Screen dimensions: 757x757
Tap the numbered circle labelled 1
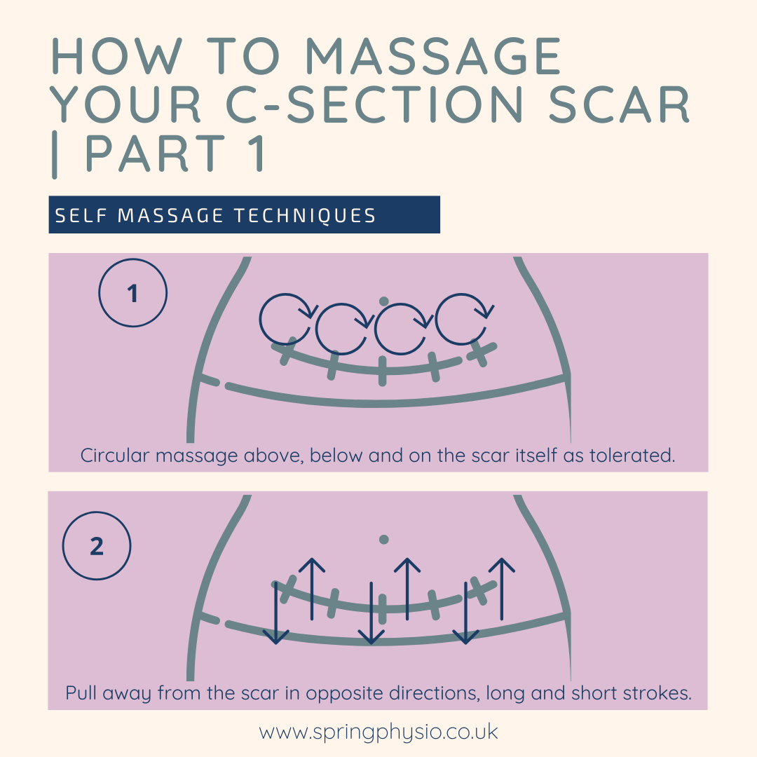point(132,294)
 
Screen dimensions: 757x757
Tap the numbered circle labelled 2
point(97,546)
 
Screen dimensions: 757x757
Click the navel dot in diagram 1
point(383,301)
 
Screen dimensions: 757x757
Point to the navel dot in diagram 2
point(383,539)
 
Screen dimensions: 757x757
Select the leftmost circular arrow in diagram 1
point(285,320)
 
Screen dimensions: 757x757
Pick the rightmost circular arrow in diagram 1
point(461,320)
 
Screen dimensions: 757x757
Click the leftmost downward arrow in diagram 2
point(277,611)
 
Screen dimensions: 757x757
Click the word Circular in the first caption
point(115,456)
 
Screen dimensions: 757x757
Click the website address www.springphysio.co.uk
point(378,732)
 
